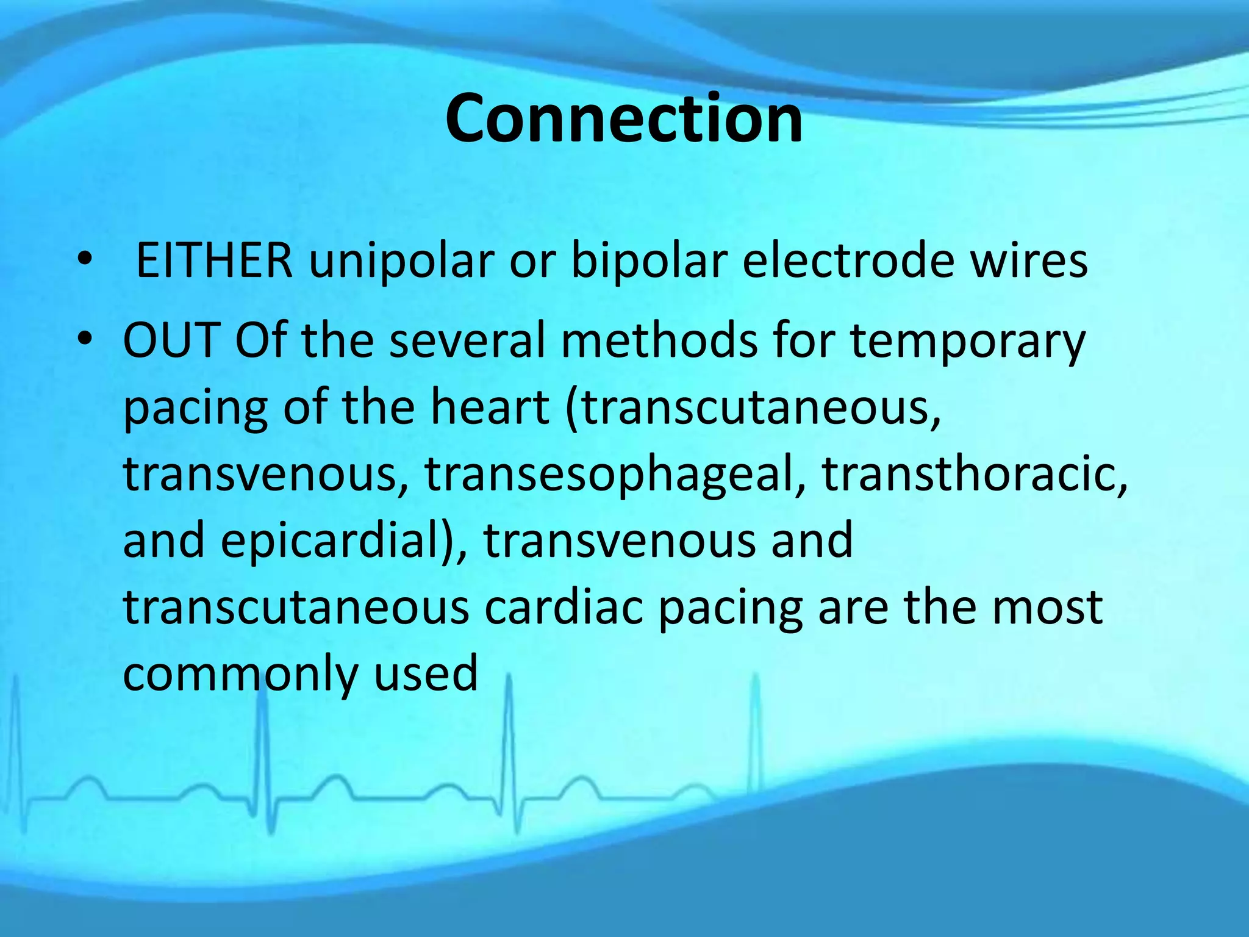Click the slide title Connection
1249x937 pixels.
click(623, 119)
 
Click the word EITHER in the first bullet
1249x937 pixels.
click(213, 261)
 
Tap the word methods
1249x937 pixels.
click(659, 340)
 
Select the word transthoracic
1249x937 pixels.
click(974, 473)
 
